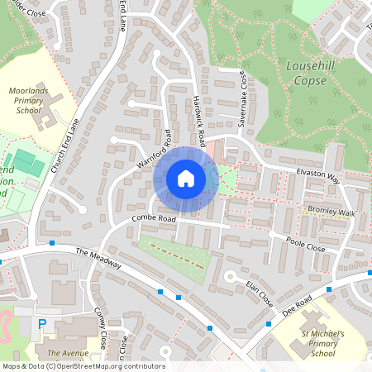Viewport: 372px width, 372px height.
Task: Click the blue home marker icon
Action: pyautogui.click(x=186, y=179)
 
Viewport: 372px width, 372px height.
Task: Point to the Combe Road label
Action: pyautogui.click(x=155, y=220)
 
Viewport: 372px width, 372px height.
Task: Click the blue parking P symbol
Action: pyautogui.click(x=42, y=324)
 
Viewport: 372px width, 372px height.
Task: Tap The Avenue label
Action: pyautogui.click(x=69, y=353)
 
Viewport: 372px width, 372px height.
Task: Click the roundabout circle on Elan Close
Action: pyautogui.click(x=230, y=275)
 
